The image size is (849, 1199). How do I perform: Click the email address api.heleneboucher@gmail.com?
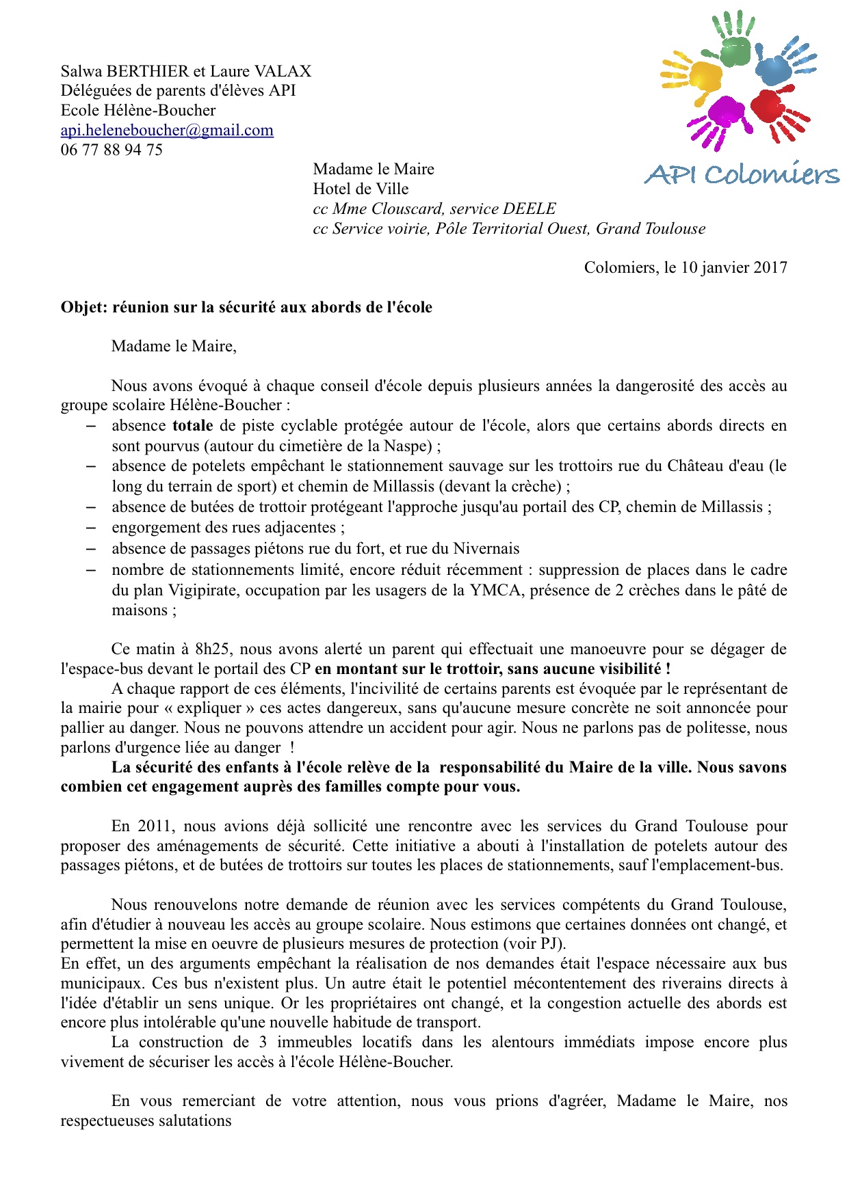click(x=167, y=130)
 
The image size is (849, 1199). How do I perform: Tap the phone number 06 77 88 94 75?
click(x=112, y=150)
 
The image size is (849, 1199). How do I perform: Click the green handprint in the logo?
click(x=733, y=40)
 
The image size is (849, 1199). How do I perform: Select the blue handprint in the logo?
click(x=783, y=66)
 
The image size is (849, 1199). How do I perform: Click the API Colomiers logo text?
click(x=742, y=175)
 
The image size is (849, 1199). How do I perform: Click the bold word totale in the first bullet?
click(x=192, y=426)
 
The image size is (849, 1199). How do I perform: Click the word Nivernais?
click(x=486, y=549)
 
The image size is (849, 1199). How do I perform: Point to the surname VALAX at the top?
click(x=283, y=71)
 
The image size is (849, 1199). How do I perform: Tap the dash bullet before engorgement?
click(x=90, y=528)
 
